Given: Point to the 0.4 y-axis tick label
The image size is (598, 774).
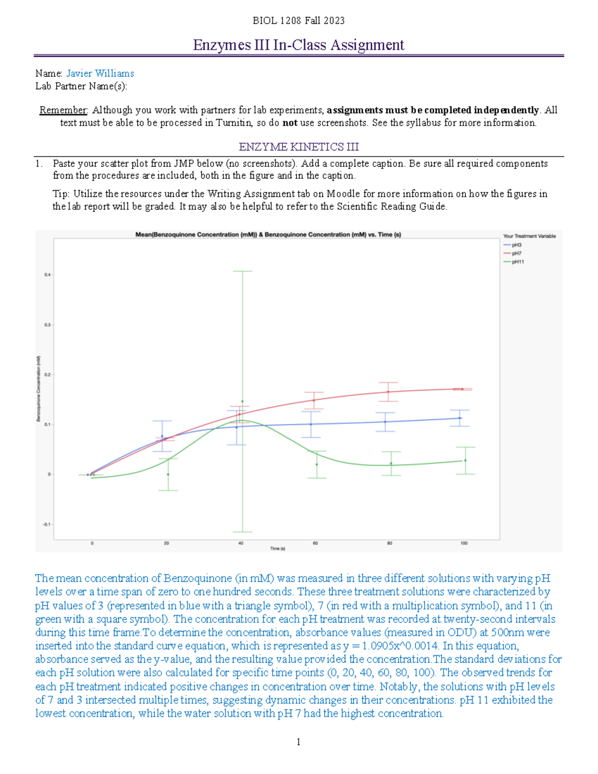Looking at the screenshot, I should (x=47, y=275).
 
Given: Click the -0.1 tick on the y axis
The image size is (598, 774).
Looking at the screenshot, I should (x=46, y=524).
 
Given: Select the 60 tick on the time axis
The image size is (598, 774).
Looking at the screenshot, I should (x=315, y=543).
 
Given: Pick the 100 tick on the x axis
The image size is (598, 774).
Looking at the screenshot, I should (x=464, y=543).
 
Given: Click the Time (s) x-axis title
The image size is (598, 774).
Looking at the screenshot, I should (x=278, y=549).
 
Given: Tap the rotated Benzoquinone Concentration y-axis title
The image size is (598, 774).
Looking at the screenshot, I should (x=38, y=388).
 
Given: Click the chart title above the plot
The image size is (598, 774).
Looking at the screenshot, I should (x=268, y=234).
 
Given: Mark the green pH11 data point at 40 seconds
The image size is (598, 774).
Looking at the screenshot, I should (x=242, y=401).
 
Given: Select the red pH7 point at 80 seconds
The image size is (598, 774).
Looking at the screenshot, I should (x=388, y=392).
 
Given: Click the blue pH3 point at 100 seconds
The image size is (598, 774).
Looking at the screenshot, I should (x=460, y=418).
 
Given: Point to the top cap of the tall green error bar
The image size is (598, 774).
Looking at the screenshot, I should (x=242, y=271).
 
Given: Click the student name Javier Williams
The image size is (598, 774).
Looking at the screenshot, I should (x=100, y=73).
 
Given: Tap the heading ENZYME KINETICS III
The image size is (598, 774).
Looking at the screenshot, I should (x=299, y=147).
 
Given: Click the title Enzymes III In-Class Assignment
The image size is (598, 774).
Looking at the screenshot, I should (x=299, y=45).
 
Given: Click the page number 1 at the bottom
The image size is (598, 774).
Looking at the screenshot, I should (x=299, y=742).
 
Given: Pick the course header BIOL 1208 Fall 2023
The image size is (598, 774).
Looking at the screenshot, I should (x=299, y=20).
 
